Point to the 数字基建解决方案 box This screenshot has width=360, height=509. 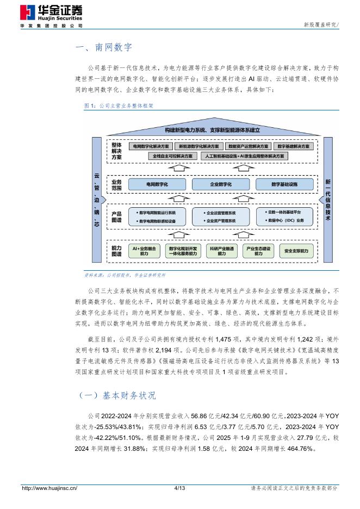294,147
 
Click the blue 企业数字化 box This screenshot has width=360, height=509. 221,185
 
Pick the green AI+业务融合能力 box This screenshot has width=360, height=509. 144,251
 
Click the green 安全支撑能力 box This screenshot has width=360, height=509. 296,251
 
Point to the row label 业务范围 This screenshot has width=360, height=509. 116,184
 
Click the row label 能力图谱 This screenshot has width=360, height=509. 116,251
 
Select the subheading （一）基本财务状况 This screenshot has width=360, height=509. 114,395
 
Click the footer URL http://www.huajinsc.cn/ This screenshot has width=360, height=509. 49,488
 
